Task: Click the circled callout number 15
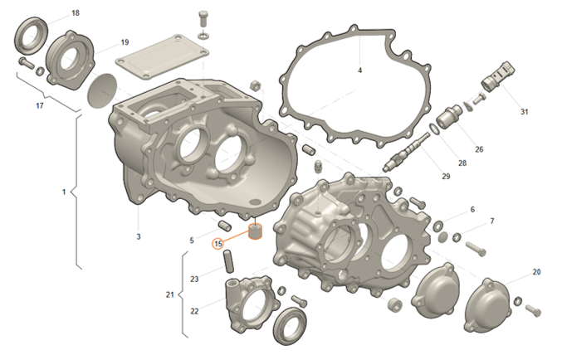[x=218, y=244]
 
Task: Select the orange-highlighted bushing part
[x=256, y=231]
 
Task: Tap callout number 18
[x=76, y=13]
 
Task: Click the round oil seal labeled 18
[x=31, y=36]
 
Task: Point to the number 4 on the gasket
[x=359, y=71]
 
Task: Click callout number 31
[x=525, y=112]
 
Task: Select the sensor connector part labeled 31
[x=498, y=76]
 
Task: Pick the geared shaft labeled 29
[x=406, y=152]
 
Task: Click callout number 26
[x=479, y=149]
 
